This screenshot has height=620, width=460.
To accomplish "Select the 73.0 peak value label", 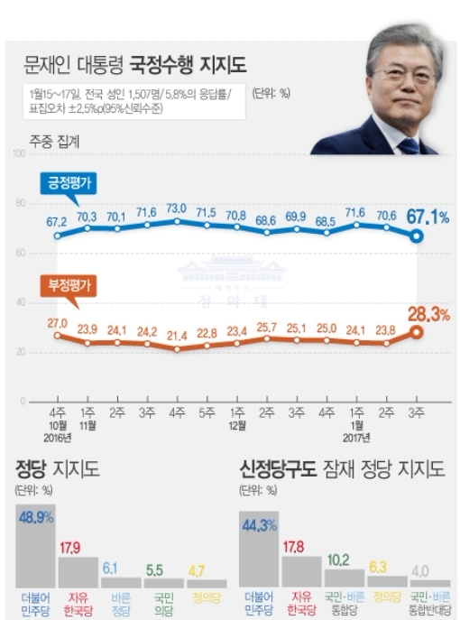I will pos(178,208).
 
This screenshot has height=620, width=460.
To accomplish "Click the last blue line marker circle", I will pos(416,236).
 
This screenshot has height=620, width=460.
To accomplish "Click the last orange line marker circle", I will pos(416,331).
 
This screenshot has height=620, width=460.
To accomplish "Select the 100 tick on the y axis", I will pos(18,154).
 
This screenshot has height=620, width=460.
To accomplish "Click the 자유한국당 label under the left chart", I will pos(78,603).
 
